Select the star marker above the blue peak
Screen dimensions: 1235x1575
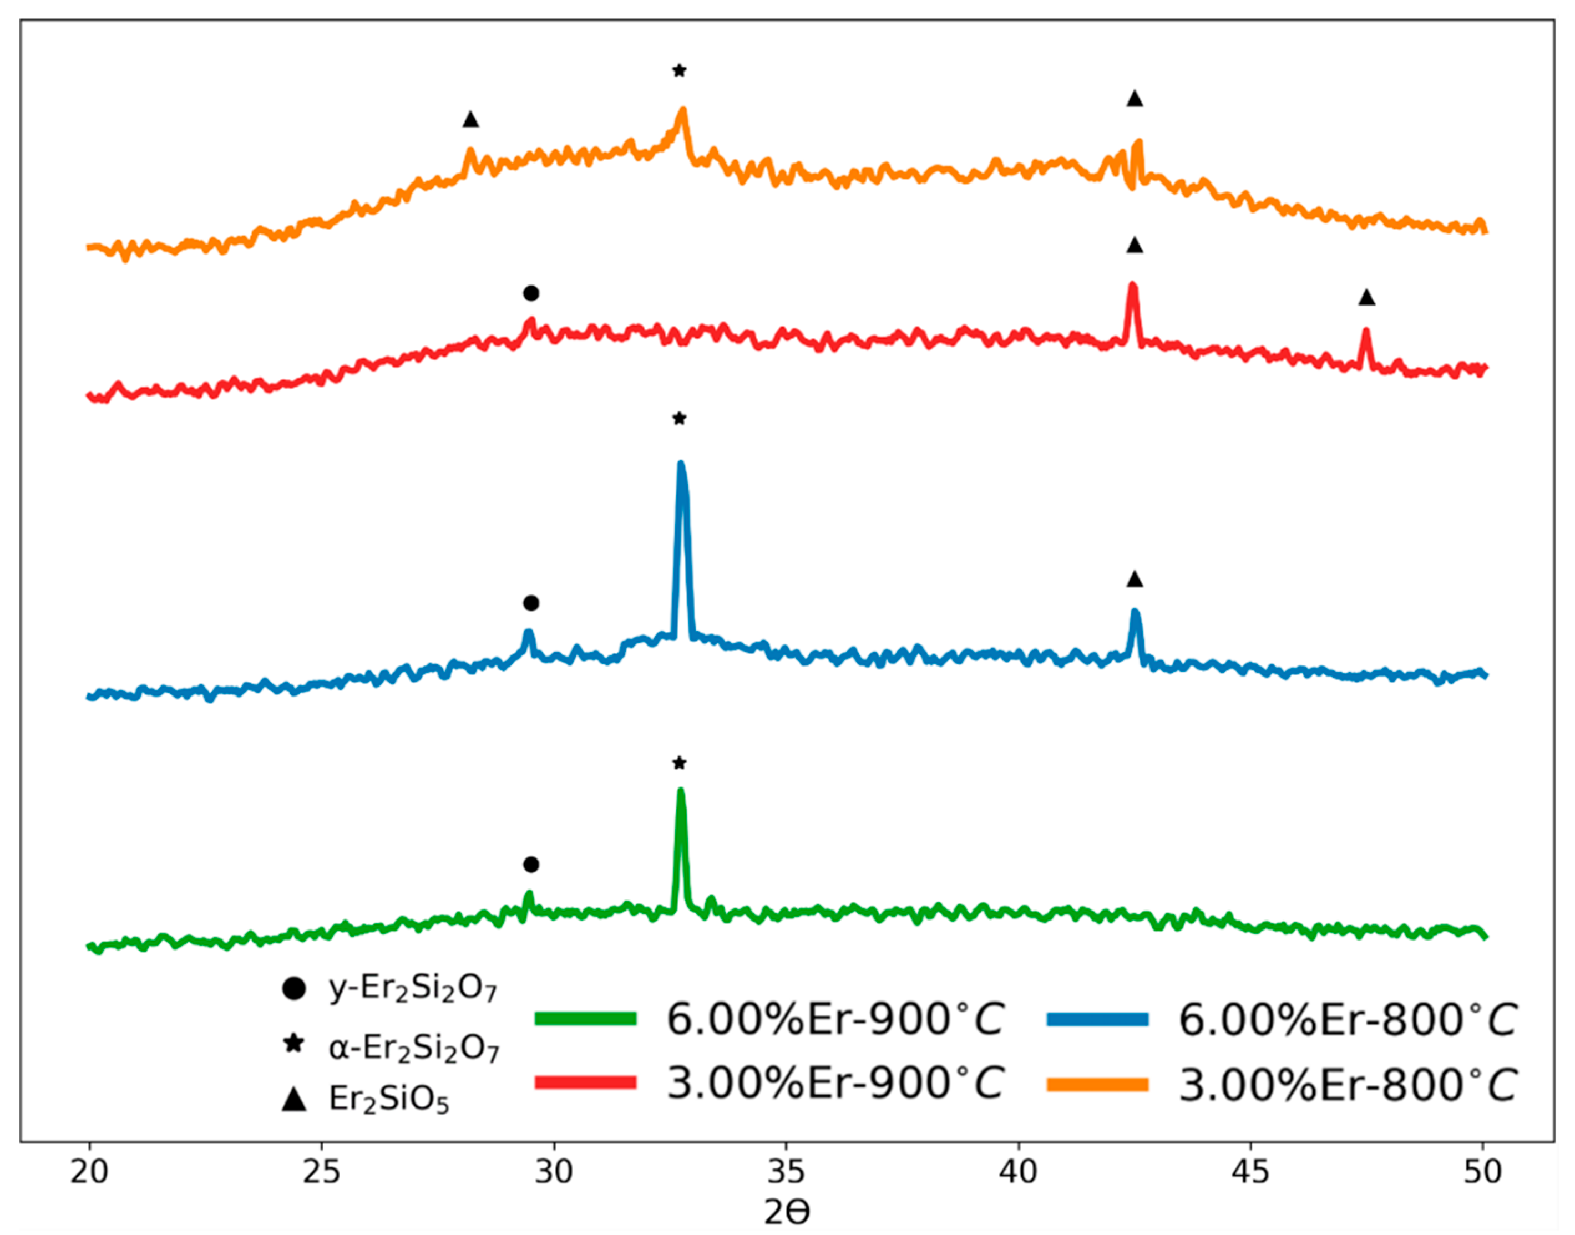[679, 419]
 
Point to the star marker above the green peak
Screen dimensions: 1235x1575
[679, 763]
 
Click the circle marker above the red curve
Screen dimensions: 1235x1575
[531, 293]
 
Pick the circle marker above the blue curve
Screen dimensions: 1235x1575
[531, 603]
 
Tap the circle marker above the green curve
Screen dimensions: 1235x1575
[531, 865]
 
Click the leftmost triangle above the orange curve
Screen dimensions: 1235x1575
[471, 119]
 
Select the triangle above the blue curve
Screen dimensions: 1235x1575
[1135, 579]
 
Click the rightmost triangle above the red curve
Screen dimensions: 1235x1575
[1366, 297]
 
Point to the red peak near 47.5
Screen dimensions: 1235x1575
[1366, 332]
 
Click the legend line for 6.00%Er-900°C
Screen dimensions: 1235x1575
[586, 1019]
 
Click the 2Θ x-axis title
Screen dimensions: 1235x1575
[787, 1213]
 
